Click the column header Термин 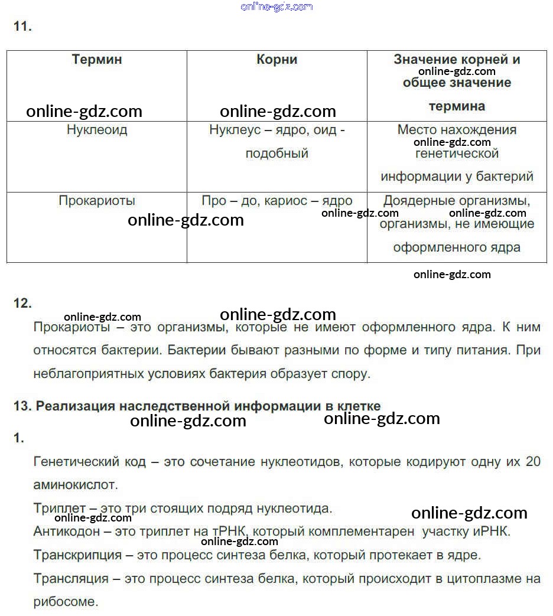[97, 60]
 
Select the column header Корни [276, 60]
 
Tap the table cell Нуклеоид [97, 130]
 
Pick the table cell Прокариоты [97, 201]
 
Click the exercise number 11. [22, 27]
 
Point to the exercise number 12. [22, 303]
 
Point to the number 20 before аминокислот [532, 461]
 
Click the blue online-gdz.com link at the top [276, 6]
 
